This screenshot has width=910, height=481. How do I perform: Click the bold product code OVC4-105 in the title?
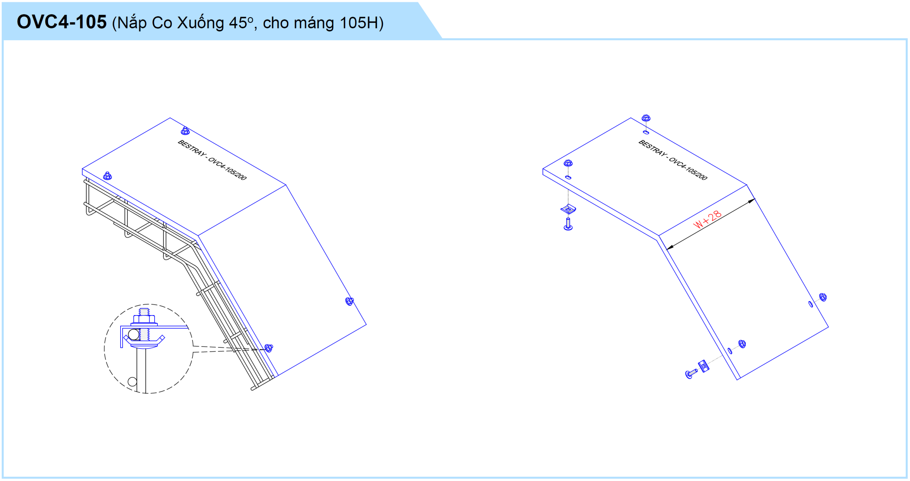[61, 22]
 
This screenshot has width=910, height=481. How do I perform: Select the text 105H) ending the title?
[362, 23]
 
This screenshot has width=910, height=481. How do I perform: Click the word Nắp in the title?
[132, 23]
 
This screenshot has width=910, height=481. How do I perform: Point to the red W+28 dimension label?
[707, 219]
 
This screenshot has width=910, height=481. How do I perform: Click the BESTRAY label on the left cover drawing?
[192, 148]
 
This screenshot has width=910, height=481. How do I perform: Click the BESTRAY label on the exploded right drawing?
[653, 148]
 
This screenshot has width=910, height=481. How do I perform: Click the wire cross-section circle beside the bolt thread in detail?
[134, 334]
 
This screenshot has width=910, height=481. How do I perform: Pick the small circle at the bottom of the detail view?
[132, 382]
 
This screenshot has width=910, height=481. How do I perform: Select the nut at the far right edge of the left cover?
[349, 301]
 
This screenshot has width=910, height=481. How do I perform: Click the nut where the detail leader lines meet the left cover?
[269, 347]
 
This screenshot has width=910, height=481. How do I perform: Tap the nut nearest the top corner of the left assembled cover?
[185, 131]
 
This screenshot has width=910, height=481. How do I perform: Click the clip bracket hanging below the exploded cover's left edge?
[568, 209]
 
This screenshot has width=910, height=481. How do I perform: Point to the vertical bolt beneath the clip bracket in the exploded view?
[568, 224]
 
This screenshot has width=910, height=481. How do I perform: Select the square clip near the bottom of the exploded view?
[703, 366]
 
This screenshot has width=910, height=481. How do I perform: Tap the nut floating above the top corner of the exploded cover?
[646, 118]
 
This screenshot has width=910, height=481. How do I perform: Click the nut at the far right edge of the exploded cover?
[823, 297]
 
